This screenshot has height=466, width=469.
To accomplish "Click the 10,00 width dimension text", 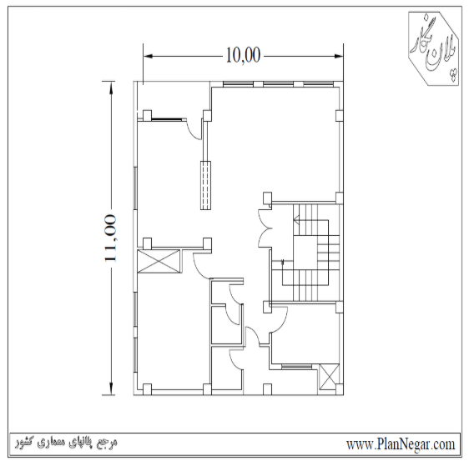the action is click(243, 55).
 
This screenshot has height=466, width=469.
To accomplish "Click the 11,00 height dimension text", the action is click(110, 238).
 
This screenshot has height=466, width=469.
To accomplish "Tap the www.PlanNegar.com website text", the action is click(401, 444).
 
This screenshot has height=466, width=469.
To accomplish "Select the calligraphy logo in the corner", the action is click(434, 48).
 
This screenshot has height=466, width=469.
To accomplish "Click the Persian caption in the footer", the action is click(67, 443).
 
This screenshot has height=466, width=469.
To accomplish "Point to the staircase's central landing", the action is click(305, 253).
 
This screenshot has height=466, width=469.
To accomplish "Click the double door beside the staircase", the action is click(265, 228).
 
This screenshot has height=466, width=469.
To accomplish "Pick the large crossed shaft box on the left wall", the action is click(159, 262).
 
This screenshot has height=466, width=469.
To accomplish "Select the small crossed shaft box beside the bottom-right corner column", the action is click(329, 377).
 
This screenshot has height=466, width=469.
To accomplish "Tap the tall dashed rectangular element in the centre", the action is click(205, 185).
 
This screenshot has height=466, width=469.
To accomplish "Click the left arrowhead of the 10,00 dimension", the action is click(148, 56).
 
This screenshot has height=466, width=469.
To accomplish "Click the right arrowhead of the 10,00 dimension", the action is click(339, 56).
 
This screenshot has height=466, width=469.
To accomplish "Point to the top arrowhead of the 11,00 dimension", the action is click(111, 87).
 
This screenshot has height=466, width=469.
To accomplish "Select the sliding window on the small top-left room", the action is click(167, 119).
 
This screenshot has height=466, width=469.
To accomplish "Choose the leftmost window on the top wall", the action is click(238, 84).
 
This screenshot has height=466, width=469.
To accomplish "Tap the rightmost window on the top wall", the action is click(318, 84).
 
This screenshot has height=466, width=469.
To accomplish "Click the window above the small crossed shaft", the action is click(296, 366).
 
